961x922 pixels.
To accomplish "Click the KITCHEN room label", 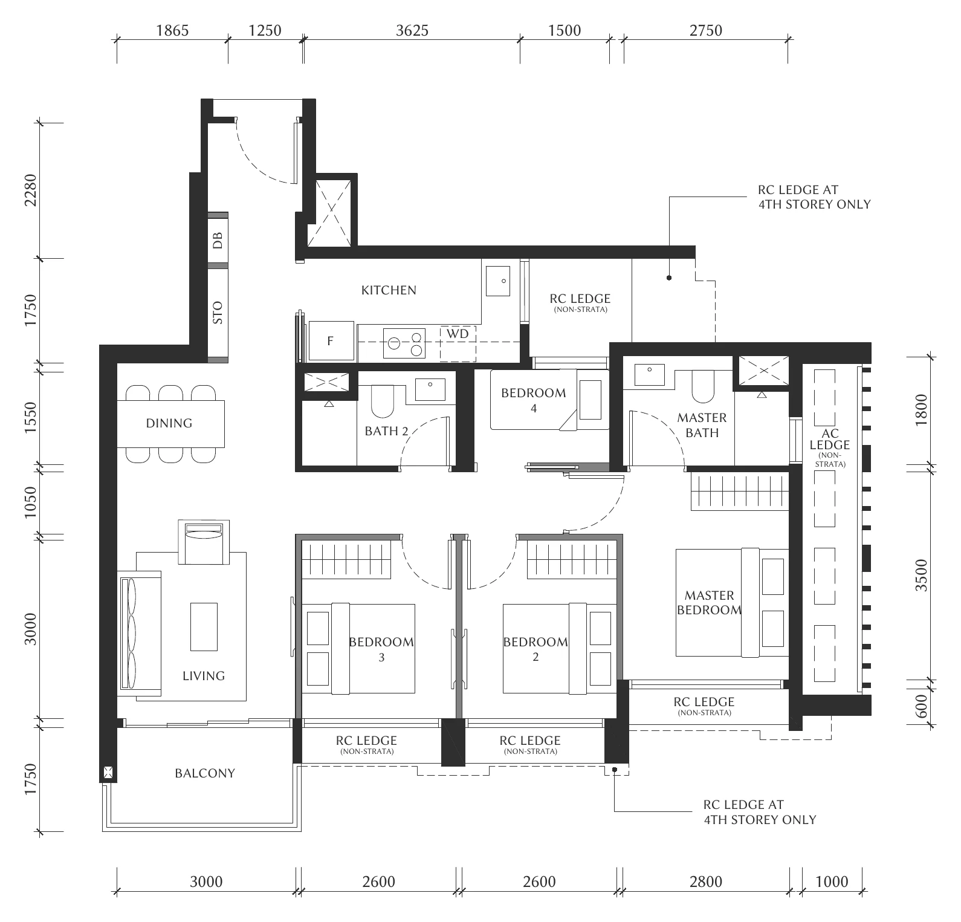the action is click(389, 290).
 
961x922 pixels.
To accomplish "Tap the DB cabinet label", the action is click(218, 240).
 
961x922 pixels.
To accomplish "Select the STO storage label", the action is click(218, 313).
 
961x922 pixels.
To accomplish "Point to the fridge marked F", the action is click(330, 341).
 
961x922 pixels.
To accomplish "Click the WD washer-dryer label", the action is click(458, 334).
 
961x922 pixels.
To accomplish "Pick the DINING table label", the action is click(169, 423).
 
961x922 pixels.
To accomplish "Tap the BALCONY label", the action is click(205, 773).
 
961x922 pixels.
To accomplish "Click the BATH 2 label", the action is click(386, 431).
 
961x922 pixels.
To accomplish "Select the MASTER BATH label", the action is click(702, 425).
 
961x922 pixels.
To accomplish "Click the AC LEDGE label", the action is click(830, 440).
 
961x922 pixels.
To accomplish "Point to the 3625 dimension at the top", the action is click(412, 30).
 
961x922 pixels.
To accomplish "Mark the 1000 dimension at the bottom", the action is click(832, 882).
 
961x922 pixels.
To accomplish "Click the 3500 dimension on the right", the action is click(921, 576).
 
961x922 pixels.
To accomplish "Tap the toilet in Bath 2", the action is click(381, 401).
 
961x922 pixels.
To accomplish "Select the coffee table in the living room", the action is click(204, 626).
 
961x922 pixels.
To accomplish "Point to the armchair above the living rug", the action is click(204, 542).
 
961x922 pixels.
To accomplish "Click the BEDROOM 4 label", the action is click(534, 400).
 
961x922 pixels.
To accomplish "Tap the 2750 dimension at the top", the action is click(706, 30).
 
